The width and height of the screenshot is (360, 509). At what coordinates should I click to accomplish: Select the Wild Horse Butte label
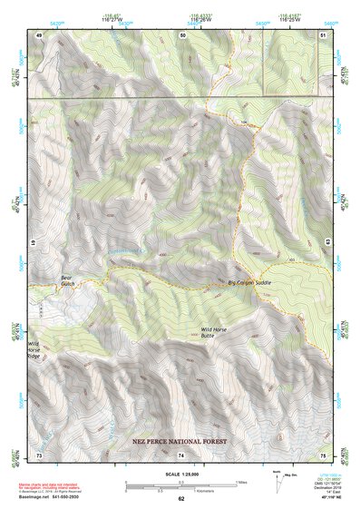219,332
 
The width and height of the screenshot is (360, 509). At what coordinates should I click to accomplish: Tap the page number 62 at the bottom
180,498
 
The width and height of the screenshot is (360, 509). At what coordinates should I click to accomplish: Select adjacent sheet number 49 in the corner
39,34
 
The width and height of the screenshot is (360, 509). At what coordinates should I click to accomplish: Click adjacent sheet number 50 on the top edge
182,34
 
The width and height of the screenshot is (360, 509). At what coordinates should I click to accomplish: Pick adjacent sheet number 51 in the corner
323,34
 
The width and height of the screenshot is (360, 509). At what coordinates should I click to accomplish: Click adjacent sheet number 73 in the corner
39,454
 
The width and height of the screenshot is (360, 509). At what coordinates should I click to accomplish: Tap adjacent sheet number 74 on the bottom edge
180,454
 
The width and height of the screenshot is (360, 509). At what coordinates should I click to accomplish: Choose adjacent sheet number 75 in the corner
323,454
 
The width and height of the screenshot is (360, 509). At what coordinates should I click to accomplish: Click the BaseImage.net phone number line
51,499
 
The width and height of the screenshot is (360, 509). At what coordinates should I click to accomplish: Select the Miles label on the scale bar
241,482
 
